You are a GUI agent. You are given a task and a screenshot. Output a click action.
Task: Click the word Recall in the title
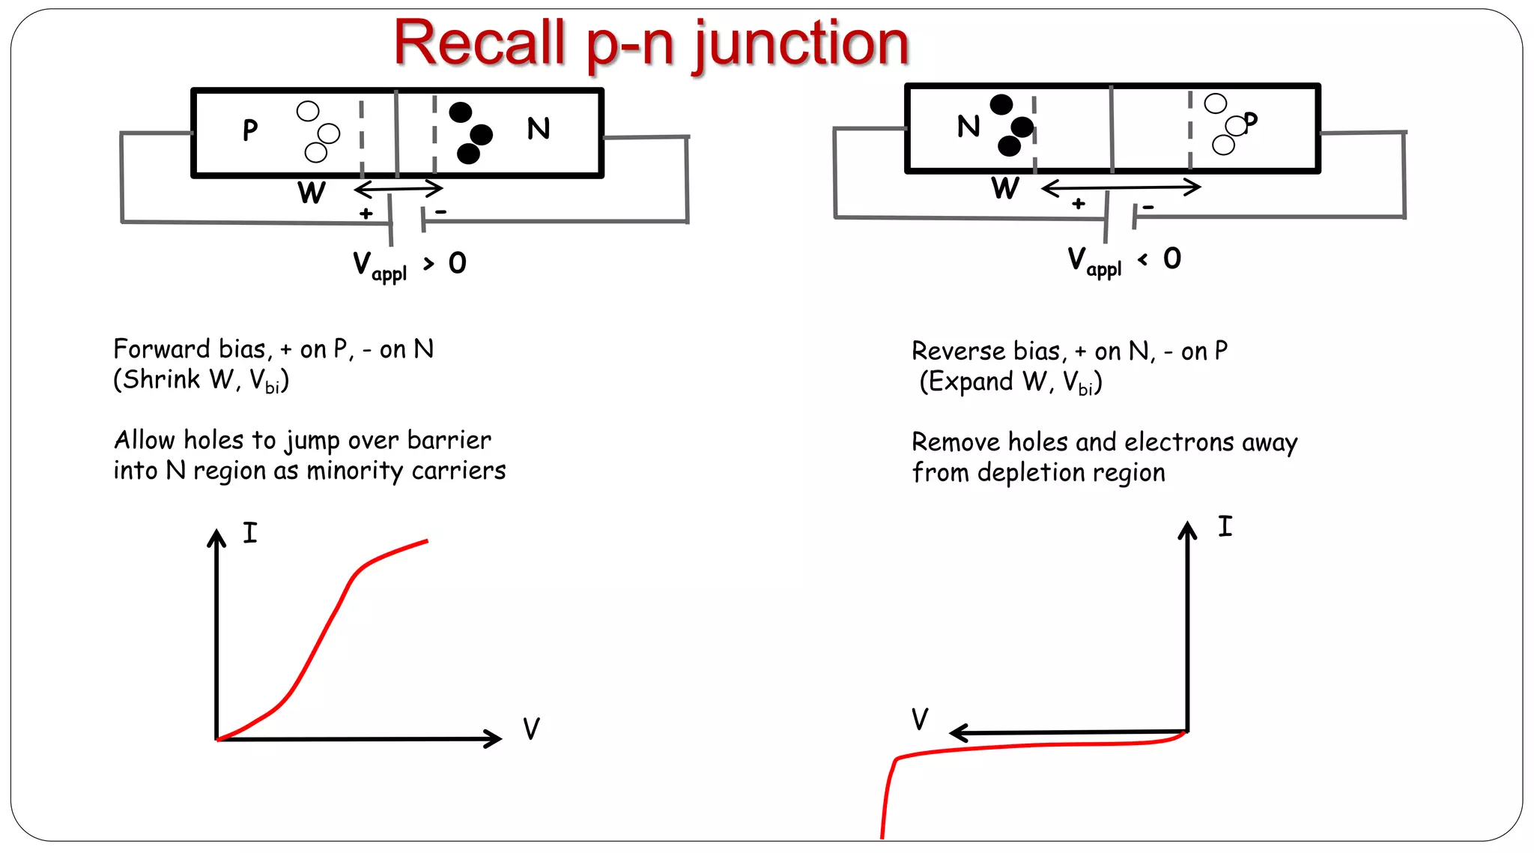(479, 43)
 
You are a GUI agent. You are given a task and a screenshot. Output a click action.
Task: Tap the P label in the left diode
(250, 130)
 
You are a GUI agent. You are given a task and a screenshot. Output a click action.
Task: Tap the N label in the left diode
(538, 129)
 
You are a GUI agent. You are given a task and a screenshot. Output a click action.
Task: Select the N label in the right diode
(968, 126)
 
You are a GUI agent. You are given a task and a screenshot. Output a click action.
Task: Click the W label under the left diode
(312, 193)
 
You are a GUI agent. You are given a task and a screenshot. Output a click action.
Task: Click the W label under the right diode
(1004, 188)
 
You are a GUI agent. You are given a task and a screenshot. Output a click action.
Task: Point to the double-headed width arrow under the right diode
(1121, 187)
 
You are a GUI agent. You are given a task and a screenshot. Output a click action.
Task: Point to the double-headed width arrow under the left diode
(398, 187)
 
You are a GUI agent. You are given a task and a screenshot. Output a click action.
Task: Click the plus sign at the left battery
(366, 214)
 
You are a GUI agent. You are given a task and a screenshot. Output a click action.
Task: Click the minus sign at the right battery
(1148, 207)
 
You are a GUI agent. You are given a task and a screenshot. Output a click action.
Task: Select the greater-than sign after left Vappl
(428, 263)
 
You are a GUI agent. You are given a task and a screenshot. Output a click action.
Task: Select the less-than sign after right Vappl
(1142, 259)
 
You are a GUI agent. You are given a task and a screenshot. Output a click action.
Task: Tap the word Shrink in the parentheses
(162, 380)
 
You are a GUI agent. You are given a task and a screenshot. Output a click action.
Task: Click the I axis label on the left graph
(249, 533)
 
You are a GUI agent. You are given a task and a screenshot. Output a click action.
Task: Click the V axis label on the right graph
(919, 719)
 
